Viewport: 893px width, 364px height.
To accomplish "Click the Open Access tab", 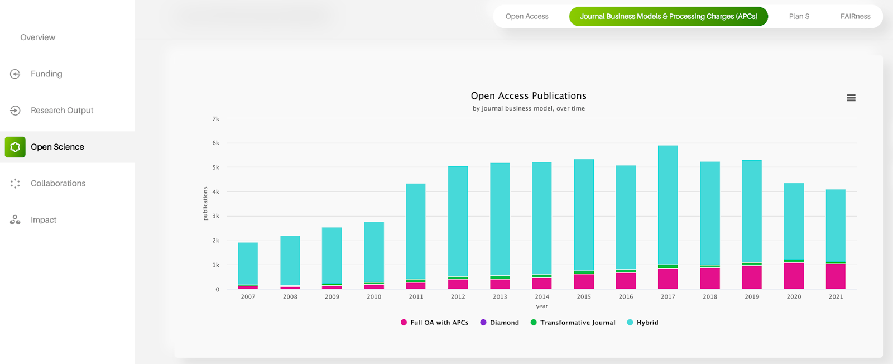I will tap(526, 16).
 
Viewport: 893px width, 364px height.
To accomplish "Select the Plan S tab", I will tap(799, 16).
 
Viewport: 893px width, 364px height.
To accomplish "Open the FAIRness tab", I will tap(855, 16).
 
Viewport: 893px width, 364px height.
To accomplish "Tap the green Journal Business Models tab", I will tap(668, 16).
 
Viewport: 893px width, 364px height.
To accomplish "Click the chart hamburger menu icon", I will tap(851, 98).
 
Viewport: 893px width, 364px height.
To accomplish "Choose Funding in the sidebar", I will tap(46, 74).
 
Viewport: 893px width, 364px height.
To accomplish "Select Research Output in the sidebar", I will tap(61, 111).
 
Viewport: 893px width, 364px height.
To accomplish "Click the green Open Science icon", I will tap(15, 147).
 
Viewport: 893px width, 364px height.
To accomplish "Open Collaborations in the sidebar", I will tap(58, 183).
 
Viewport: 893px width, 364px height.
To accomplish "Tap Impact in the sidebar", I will tap(44, 220).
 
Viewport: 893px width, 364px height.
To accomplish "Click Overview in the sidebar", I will tap(38, 37).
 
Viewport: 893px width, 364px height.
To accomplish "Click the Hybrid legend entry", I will tap(647, 323).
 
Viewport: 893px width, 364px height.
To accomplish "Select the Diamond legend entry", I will tap(504, 323).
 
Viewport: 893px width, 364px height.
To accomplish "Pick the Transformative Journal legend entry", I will tap(577, 323).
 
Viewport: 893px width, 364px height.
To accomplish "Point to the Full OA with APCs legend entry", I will tap(439, 323).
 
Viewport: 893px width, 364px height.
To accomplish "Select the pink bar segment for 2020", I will tap(794, 276).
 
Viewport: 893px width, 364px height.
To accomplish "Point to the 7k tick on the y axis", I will tap(216, 119).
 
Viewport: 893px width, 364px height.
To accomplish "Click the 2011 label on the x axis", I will tap(416, 297).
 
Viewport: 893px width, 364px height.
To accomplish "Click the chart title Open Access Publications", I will tap(529, 96).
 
